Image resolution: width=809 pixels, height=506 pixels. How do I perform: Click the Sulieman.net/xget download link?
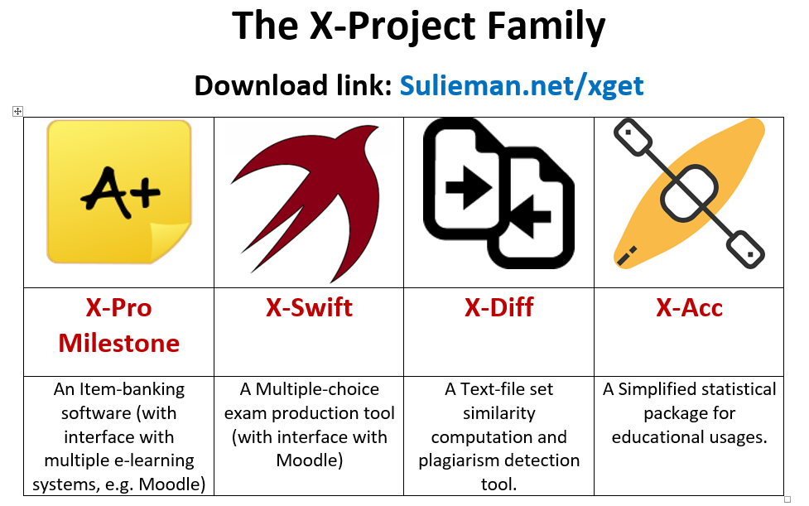click(522, 85)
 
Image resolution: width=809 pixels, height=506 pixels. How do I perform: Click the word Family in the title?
click(546, 26)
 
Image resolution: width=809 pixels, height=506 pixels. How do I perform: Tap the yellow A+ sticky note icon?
click(119, 192)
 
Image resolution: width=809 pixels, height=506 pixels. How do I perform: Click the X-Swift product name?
click(309, 307)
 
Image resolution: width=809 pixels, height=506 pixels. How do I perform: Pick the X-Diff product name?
click(499, 307)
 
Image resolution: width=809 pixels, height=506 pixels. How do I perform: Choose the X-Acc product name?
click(689, 307)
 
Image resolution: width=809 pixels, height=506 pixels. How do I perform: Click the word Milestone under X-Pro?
click(118, 343)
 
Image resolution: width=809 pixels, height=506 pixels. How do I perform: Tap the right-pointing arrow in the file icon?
click(468, 187)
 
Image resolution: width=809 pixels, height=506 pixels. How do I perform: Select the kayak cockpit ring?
click(689, 193)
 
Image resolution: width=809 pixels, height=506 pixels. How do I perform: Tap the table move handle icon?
click(17, 112)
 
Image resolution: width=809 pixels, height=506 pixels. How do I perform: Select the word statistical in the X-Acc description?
click(733, 389)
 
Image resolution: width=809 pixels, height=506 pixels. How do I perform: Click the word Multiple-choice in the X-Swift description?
click(317, 389)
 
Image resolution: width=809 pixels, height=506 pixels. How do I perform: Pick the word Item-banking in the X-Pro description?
click(132, 389)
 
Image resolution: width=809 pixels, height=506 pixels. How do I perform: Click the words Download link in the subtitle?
click(294, 85)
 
